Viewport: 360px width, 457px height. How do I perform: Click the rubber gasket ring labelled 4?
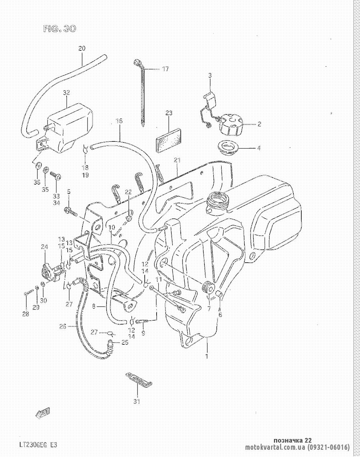point(227,148)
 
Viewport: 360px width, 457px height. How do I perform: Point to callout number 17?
point(165,69)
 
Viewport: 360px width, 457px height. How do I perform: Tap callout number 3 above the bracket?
point(210,75)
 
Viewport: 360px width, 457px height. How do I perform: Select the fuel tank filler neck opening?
point(218,200)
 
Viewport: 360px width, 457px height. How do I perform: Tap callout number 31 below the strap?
point(136,401)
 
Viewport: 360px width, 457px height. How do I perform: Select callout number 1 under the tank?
point(207,357)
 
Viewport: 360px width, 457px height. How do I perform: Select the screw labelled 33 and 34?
point(56,176)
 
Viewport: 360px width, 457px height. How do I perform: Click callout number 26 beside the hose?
point(63,326)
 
